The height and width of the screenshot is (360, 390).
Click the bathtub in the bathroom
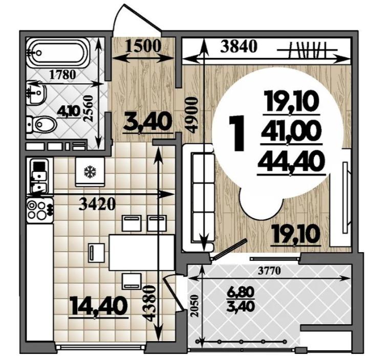[57, 53]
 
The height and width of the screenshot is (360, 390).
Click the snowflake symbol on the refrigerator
[90, 172]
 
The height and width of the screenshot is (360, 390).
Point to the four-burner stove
[40, 210]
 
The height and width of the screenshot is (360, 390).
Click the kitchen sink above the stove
[39, 176]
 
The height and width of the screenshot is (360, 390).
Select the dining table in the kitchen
[142, 253]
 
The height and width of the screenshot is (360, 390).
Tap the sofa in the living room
[198, 198]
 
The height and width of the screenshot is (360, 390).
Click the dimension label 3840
[239, 47]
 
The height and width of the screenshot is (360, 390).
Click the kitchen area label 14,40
[97, 307]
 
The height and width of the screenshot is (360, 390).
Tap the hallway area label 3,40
[147, 122]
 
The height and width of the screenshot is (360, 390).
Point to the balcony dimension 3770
[269, 271]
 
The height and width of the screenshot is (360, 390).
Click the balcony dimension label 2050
[196, 305]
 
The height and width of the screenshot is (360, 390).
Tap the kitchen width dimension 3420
[97, 204]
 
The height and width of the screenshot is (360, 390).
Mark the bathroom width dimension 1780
[62, 75]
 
